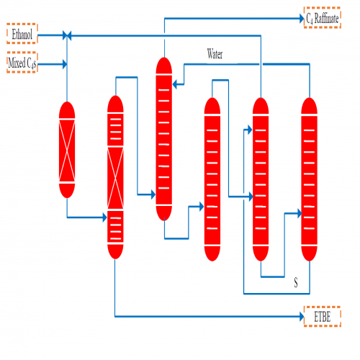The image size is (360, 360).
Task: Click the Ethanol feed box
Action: click(22, 34)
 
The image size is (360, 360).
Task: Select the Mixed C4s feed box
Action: click(22, 62)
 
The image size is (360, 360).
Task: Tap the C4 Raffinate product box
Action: click(323, 17)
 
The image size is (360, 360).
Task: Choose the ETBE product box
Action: click(323, 316)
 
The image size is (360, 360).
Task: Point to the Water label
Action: click(215, 54)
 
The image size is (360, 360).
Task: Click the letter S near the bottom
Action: click(296, 282)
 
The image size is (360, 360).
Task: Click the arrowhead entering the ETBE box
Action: click(302, 316)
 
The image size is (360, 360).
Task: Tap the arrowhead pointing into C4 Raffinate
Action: click(302, 19)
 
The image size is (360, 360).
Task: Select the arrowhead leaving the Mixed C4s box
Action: click(65, 64)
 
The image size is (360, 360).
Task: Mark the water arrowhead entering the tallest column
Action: click(175, 84)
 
